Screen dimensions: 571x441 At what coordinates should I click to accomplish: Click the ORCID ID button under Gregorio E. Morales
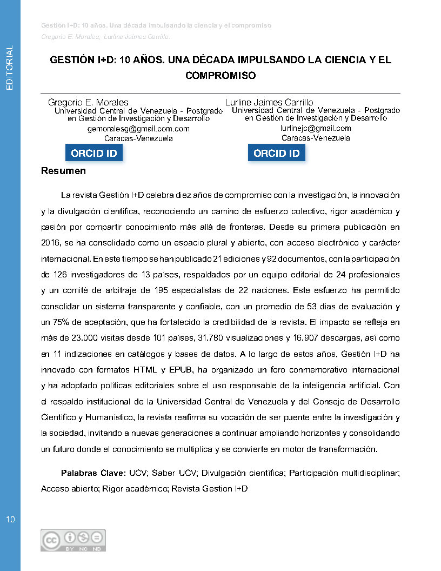coord(94,153)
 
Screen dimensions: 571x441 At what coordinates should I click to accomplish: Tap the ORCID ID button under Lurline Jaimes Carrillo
coord(276,153)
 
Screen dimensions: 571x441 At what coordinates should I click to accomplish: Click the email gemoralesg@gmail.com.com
coord(138,129)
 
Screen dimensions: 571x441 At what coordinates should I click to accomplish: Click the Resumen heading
coord(63,171)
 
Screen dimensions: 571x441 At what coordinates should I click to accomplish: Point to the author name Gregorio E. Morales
coord(88,102)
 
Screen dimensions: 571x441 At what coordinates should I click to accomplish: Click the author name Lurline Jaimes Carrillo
coord(269,102)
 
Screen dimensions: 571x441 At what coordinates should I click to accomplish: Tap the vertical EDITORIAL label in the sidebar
coord(9,68)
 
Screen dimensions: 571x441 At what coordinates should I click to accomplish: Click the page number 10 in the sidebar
coord(10,520)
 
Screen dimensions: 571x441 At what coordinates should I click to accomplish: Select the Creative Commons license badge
coord(73,540)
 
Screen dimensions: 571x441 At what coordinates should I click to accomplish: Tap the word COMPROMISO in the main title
coord(220,76)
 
